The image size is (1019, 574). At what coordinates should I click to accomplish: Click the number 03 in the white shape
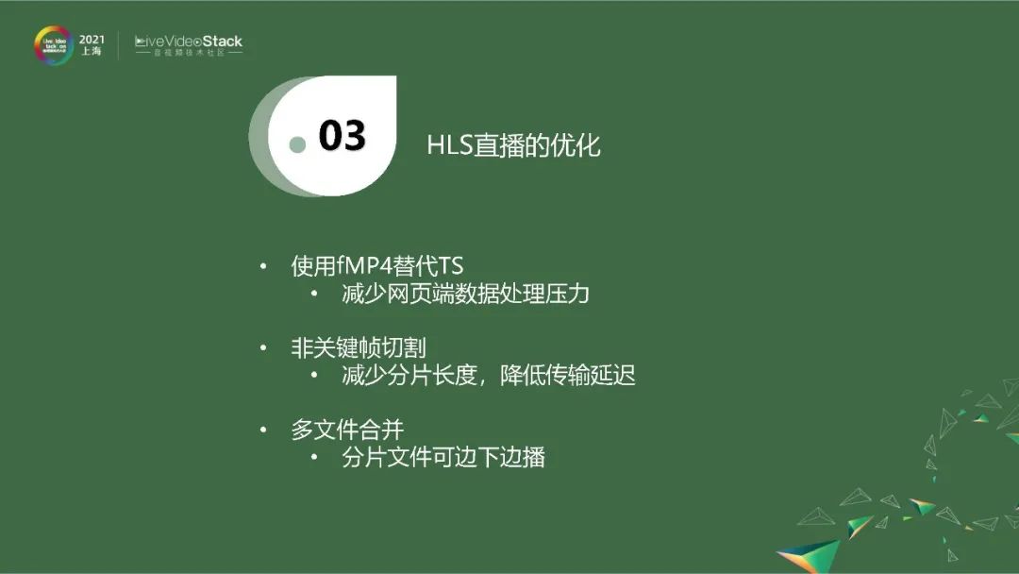(342, 136)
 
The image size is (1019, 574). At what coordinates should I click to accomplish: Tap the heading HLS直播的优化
(513, 145)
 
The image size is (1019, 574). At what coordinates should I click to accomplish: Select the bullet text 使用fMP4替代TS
(377, 266)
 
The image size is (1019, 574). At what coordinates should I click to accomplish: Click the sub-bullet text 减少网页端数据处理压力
(465, 294)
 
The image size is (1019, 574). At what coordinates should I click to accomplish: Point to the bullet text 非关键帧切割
(358, 348)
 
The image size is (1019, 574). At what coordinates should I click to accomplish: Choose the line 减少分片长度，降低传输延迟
(488, 376)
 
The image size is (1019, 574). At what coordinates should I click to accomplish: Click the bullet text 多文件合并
(347, 430)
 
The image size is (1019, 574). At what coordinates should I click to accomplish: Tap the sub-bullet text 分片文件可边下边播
(443, 458)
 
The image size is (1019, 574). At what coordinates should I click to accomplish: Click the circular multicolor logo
(53, 45)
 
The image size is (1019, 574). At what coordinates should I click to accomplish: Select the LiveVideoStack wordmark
(189, 42)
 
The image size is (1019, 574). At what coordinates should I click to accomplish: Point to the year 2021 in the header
(92, 39)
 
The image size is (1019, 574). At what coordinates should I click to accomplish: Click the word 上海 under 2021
(92, 52)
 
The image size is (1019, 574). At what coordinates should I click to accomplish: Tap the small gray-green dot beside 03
(298, 144)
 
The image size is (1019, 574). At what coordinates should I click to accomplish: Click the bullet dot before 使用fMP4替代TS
(264, 267)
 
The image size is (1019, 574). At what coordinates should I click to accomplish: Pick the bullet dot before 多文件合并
(264, 431)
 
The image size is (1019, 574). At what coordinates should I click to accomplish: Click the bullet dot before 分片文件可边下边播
(315, 459)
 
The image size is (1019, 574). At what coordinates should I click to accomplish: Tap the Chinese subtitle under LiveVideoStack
(189, 54)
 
